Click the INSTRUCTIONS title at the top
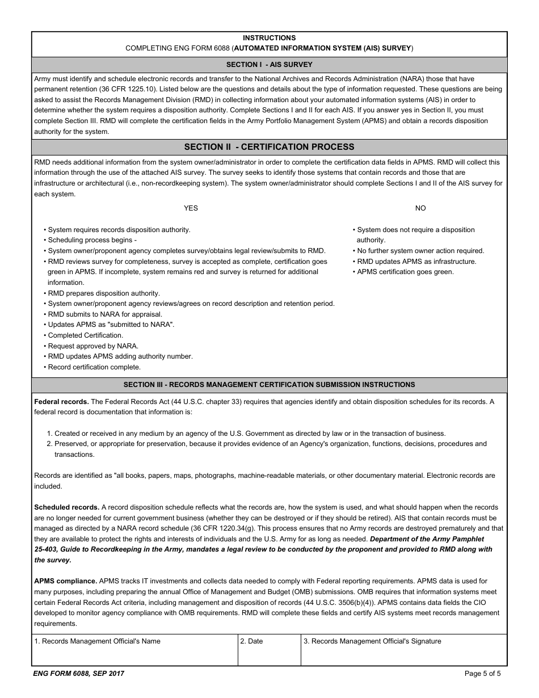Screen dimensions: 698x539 (269, 38)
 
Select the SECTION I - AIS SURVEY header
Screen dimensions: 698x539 (269, 65)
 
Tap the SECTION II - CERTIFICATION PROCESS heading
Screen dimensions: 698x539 (269, 147)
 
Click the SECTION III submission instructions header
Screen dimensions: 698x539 (269, 385)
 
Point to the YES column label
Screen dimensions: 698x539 (191, 208)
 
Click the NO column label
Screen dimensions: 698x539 (420, 208)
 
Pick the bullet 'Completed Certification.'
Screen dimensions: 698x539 (85, 335)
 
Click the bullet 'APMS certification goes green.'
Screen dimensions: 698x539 (405, 272)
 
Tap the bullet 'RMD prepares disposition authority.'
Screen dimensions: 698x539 (104, 293)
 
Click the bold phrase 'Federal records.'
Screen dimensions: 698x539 (61, 402)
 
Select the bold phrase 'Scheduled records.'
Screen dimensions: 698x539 (67, 507)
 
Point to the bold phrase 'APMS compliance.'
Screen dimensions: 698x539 (66, 581)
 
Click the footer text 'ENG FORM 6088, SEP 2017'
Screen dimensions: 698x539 (79, 674)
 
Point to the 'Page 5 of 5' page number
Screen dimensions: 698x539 (482, 674)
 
